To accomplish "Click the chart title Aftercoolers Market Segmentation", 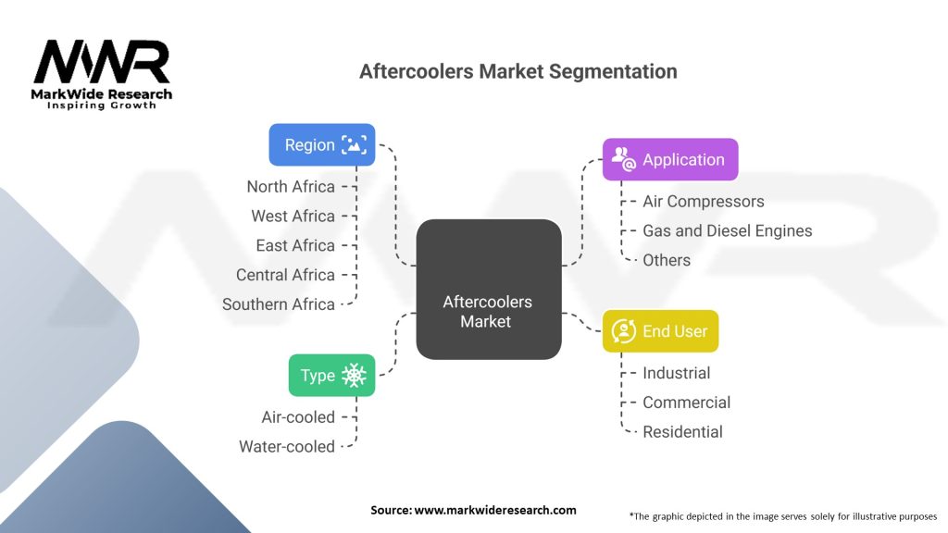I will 518,71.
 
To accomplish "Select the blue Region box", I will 322,144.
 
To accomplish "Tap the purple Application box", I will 669,159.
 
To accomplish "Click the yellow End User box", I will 660,330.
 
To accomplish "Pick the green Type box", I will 331,375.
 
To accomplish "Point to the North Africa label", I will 291,186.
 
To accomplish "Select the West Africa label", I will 293,216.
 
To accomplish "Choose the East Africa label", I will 295,245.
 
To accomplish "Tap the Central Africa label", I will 285,275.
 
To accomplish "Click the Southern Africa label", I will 279,304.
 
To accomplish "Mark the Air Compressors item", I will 704,201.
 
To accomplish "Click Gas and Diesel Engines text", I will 727,230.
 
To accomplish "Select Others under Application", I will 667,260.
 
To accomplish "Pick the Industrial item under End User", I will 677,373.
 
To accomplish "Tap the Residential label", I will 682,431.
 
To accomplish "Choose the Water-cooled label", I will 287,446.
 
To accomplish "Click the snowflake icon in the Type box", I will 354,375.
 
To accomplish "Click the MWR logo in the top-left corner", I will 102,74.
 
